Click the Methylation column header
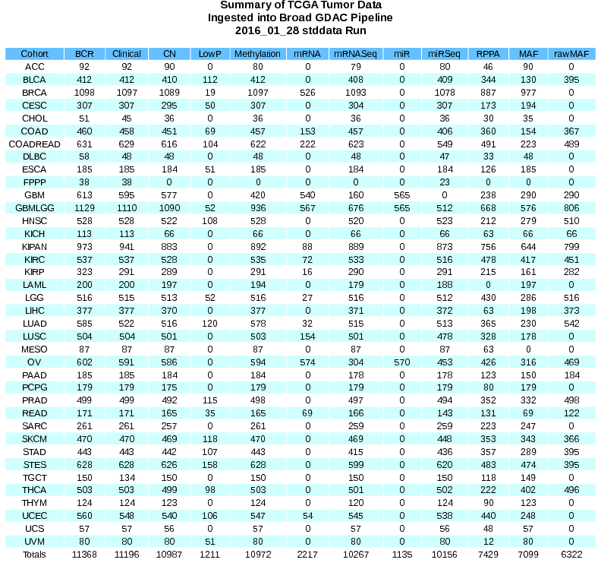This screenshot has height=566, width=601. [258, 54]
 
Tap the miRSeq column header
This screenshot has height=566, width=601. [444, 54]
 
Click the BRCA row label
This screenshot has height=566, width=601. [34, 92]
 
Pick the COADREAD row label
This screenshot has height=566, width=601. [34, 144]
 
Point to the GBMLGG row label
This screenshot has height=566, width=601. [34, 208]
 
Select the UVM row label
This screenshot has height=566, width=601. [34, 542]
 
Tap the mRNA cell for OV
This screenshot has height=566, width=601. [308, 362]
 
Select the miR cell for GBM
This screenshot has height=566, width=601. [402, 195]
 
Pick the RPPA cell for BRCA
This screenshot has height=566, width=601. [483, 92]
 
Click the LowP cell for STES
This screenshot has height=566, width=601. [210, 464]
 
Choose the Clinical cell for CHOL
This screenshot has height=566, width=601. [127, 118]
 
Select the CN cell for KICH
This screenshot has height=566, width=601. [169, 234]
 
